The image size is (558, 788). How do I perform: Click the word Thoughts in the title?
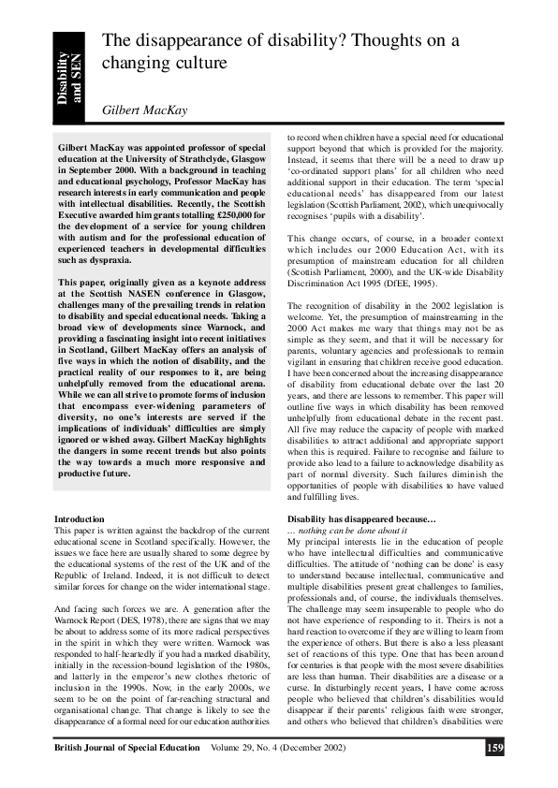click(364, 41)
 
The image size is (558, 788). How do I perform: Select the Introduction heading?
click(80, 518)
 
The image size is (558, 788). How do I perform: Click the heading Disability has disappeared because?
click(361, 518)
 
